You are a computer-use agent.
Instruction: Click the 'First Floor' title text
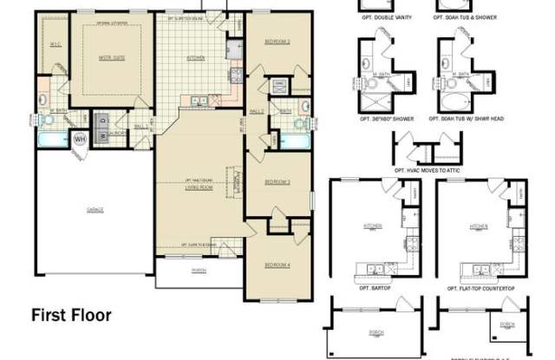click(x=71, y=314)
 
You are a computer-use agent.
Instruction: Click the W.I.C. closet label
click(x=54, y=44)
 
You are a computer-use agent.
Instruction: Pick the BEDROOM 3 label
click(x=277, y=181)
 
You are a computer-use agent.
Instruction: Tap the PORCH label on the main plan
click(x=199, y=271)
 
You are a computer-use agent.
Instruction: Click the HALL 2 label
click(x=257, y=112)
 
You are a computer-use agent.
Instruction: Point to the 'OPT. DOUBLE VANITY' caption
click(x=384, y=17)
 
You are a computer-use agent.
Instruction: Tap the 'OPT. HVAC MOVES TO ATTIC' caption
click(x=428, y=171)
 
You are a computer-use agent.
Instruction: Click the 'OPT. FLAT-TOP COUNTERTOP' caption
click(x=477, y=286)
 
